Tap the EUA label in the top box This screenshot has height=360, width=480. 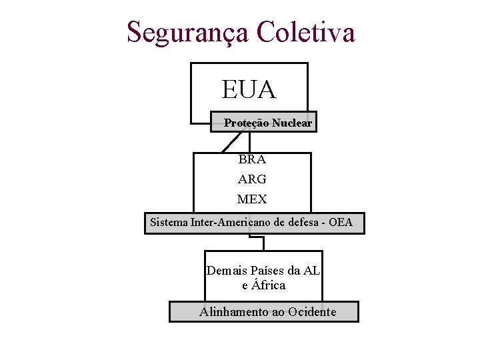coord(249,89)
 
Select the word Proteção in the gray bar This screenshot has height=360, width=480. coord(243,123)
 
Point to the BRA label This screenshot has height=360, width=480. coord(251,159)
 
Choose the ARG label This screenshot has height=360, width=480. coord(251,179)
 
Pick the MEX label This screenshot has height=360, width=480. coord(251,199)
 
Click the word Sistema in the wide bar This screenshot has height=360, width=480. coord(169,222)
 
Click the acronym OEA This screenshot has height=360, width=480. coord(341,222)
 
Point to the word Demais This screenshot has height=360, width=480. coord(226,271)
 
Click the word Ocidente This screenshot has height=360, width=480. coord(313,311)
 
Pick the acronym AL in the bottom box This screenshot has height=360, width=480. coord(311,271)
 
